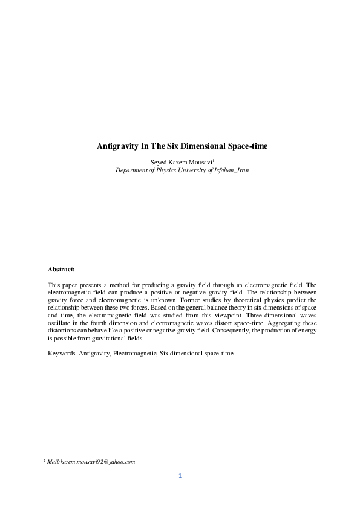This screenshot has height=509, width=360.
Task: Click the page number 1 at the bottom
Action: pyautogui.click(x=180, y=476)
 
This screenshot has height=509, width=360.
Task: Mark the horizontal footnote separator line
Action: pyautogui.click(x=88, y=455)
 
